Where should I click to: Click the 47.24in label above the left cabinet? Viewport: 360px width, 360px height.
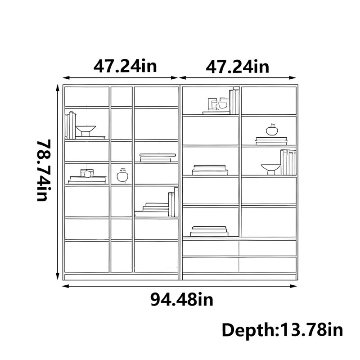(x=125, y=66)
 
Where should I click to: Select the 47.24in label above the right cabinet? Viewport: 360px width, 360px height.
(x=238, y=67)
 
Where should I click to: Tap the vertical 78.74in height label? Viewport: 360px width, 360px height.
(x=43, y=171)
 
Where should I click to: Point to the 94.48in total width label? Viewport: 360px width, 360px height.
(x=182, y=299)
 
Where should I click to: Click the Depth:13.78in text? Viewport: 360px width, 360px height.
(x=282, y=330)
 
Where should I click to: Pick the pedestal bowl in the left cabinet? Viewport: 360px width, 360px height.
(x=85, y=131)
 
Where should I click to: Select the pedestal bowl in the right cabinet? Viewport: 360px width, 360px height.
(x=271, y=170)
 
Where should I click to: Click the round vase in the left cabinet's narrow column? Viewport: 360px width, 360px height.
(x=122, y=175)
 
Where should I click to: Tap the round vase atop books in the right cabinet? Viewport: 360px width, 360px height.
(x=272, y=130)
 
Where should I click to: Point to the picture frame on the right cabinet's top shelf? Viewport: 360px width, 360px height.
(x=212, y=104)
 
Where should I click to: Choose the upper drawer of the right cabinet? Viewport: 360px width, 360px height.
(x=239, y=248)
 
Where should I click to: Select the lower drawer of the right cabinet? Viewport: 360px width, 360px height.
(x=239, y=265)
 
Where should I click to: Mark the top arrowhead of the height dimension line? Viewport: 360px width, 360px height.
(x=58, y=87)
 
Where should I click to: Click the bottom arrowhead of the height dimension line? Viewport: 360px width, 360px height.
(x=58, y=277)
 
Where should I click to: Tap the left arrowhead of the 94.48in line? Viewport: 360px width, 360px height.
(x=65, y=286)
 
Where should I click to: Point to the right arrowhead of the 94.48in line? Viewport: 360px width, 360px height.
(x=294, y=286)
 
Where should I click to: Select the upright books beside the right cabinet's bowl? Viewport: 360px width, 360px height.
(x=288, y=162)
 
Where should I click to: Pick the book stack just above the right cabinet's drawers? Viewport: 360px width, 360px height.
(x=209, y=231)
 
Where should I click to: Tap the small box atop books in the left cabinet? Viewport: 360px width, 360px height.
(x=87, y=173)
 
